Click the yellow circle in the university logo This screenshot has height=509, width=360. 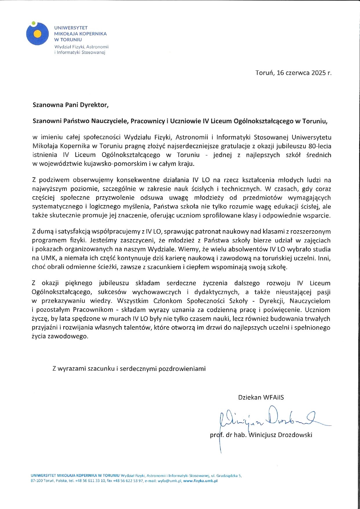pyautogui.click(x=37, y=34)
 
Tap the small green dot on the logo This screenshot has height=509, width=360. pyautogui.click(x=34, y=23)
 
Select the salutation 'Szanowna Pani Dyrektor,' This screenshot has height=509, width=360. pyautogui.click(x=70, y=105)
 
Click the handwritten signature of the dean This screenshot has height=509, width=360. pyautogui.click(x=273, y=419)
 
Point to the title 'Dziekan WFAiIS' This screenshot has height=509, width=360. pyautogui.click(x=261, y=397)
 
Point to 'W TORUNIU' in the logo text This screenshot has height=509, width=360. pyautogui.click(x=68, y=40)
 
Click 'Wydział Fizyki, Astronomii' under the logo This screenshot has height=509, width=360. pyautogui.click(x=81, y=47)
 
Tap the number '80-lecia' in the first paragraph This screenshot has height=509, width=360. pyautogui.click(x=320, y=146)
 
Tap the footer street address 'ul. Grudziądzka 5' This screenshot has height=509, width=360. pyautogui.click(x=226, y=476)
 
